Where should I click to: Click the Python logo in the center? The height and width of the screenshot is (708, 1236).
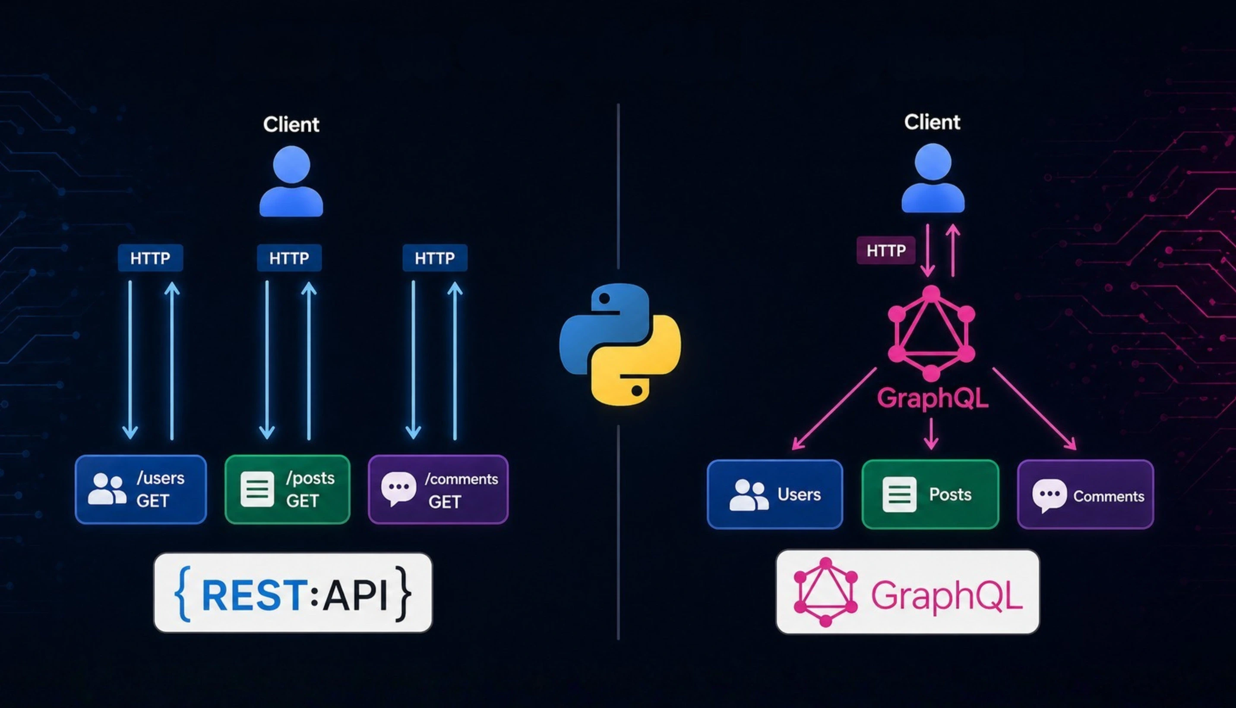[620, 344]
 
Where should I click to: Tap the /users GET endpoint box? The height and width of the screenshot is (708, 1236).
[141, 489]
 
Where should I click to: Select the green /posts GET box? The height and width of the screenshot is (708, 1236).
[287, 489]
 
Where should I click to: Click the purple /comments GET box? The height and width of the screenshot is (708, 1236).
[438, 489]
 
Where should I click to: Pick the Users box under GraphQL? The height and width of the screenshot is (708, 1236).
[774, 494]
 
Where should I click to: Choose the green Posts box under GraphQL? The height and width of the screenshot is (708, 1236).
[930, 494]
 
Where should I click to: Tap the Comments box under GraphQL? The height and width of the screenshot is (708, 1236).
[1085, 494]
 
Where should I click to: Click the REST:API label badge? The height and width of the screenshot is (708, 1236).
[293, 593]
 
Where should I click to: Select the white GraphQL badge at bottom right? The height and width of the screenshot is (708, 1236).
[907, 592]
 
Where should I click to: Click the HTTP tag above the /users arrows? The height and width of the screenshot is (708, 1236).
[150, 258]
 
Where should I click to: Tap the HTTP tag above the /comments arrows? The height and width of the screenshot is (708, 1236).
[435, 258]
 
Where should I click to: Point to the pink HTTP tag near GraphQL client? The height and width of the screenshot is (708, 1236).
[886, 250]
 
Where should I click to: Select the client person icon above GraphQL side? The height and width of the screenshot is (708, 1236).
[933, 179]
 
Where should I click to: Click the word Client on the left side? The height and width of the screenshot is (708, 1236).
[291, 125]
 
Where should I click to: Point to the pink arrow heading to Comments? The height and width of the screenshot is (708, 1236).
[1034, 409]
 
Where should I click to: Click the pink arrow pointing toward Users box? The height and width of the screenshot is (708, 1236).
[834, 409]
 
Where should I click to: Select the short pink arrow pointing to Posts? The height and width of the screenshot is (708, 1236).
[931, 434]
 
